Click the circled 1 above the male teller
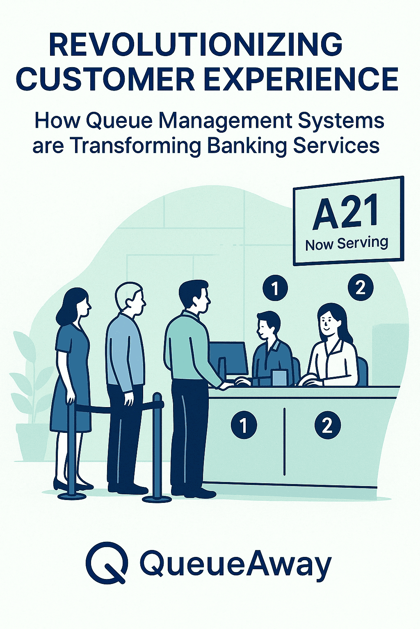tap(275, 289)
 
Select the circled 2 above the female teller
tap(360, 287)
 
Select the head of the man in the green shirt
tap(196, 296)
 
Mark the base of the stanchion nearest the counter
tap(157, 498)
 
